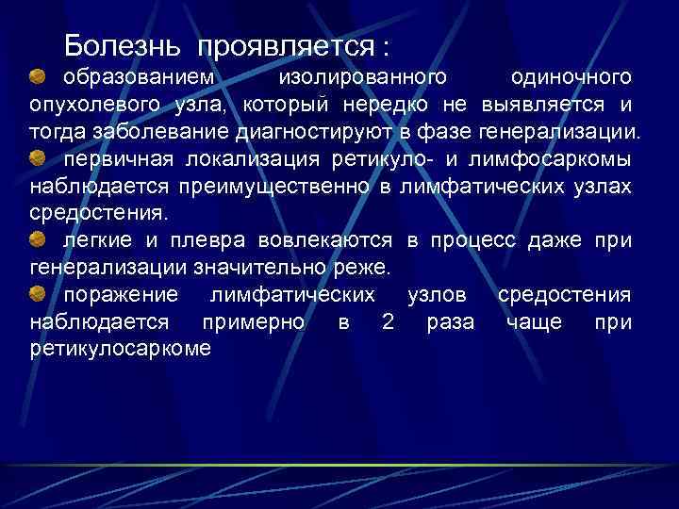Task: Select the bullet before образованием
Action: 39,74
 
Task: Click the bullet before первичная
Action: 39,156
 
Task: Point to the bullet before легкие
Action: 39,239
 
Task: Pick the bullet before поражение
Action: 39,295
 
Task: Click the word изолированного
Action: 362,75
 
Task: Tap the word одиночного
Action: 571,75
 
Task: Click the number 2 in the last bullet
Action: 387,322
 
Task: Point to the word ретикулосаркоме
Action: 121,350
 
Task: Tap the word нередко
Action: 400,103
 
